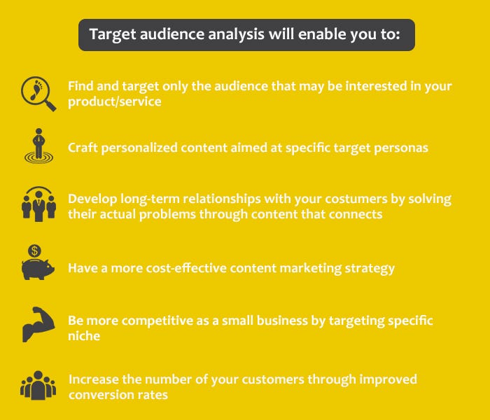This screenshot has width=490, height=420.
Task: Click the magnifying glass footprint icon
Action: tap(38, 93)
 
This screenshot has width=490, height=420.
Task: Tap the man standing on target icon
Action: tap(38, 146)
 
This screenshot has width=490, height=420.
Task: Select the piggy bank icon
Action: tap(38, 269)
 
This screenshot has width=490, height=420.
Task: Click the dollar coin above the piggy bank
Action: tap(34, 251)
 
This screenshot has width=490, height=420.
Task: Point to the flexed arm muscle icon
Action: tap(38, 324)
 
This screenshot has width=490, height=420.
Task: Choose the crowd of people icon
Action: tap(38, 385)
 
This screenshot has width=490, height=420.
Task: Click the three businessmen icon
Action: tap(38, 204)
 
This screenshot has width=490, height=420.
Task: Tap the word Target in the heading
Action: tap(113, 35)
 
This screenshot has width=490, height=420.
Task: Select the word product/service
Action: tap(115, 101)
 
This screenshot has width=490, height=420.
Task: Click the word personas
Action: tap(401, 148)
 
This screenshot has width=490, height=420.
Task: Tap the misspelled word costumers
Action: tap(356, 199)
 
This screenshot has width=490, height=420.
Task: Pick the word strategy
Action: tap(370, 269)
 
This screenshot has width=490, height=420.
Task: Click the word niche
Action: tap(84, 336)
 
